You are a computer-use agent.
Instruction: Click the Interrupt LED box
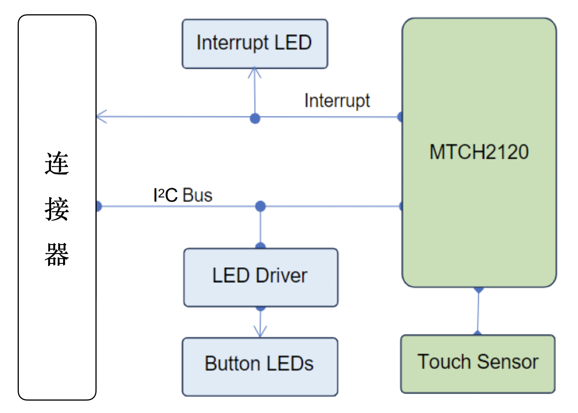[x=255, y=44]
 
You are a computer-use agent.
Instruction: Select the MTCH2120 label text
[x=479, y=152]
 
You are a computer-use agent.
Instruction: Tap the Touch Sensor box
[x=478, y=364]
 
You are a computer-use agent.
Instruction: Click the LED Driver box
[x=260, y=277]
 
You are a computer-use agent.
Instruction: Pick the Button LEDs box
[x=260, y=366]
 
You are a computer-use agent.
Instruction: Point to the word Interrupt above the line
[x=337, y=101]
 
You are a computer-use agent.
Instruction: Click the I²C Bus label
[x=183, y=195]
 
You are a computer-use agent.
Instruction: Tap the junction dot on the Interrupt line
[x=255, y=119]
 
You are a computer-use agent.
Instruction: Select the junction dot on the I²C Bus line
[x=260, y=206]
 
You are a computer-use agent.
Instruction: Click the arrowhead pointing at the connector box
[x=101, y=117]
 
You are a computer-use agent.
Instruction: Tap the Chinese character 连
[x=57, y=164]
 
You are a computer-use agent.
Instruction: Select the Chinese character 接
[x=57, y=209]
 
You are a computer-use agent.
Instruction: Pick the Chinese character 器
[x=57, y=255]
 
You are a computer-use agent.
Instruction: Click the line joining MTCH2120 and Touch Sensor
[x=478, y=311]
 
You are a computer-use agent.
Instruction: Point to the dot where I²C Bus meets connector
[x=98, y=206]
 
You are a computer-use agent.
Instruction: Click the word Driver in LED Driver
[x=281, y=276]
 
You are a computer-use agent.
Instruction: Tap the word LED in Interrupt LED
[x=293, y=42]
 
